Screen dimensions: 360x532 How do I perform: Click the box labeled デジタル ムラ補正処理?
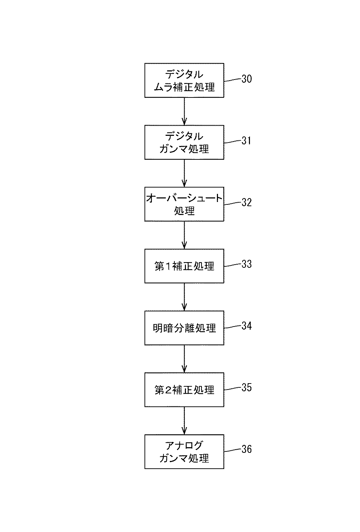[x=184, y=80]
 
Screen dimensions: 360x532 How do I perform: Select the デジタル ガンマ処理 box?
[x=184, y=142]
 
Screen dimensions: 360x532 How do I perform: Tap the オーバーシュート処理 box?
[x=184, y=204]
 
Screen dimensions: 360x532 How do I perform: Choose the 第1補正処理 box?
[x=184, y=266]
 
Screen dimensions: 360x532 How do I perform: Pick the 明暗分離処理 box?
[x=184, y=328]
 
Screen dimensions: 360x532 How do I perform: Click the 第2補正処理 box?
[x=184, y=390]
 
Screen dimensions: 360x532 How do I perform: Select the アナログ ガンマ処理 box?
[x=184, y=452]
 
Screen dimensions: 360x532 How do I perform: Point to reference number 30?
[x=246, y=79]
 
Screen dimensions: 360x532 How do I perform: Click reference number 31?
[x=246, y=141]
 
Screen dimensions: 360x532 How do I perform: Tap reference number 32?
[x=246, y=202]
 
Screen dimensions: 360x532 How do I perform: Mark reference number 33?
[x=246, y=264]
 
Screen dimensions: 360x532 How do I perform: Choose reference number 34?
[x=246, y=326]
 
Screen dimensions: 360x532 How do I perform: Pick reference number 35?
[x=246, y=388]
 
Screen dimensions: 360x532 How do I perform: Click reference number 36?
[x=246, y=449]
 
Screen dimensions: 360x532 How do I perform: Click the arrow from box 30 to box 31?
[x=184, y=112]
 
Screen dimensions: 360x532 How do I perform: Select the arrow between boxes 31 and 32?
[x=184, y=173]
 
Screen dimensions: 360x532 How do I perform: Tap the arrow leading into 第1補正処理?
[x=184, y=235]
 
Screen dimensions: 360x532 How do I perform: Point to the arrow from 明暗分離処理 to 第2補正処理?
[x=184, y=359]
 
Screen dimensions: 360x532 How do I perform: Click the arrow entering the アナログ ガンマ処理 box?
[x=184, y=421]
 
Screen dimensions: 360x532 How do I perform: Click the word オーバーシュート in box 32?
[x=184, y=198]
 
